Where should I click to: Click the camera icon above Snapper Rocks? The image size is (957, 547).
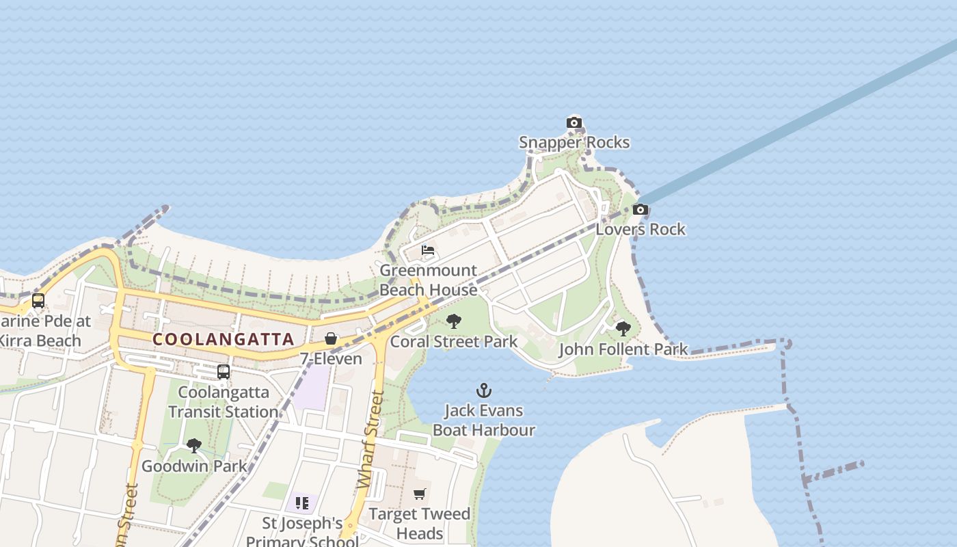coord(574,123)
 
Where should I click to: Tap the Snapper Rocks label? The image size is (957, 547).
coord(574,142)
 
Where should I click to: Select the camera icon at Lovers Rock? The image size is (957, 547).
coord(641,210)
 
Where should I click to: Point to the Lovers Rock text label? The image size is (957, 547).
coord(641,229)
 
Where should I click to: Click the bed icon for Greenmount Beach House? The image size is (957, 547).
coord(428,250)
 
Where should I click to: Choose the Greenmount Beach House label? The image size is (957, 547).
coord(428,280)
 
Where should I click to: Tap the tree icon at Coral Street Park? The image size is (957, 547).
coord(454,321)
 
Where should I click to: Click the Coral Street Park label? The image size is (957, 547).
coord(454,341)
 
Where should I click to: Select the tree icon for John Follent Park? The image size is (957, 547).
coord(623,329)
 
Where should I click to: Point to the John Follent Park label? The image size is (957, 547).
coord(623,349)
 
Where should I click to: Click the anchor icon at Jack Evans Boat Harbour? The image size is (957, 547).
coord(484,390)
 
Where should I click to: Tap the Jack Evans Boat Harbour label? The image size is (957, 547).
coord(484,420)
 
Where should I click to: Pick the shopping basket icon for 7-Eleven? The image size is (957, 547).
coord(331,338)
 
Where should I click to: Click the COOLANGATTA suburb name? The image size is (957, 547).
coord(224,339)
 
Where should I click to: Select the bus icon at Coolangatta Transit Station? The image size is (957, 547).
coord(224,372)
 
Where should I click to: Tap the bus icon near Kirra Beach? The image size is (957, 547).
coord(38,301)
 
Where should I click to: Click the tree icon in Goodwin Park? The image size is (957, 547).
coord(194,446)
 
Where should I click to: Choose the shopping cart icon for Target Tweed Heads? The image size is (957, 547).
coord(420,494)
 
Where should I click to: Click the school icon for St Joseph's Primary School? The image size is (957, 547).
coord(302,504)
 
